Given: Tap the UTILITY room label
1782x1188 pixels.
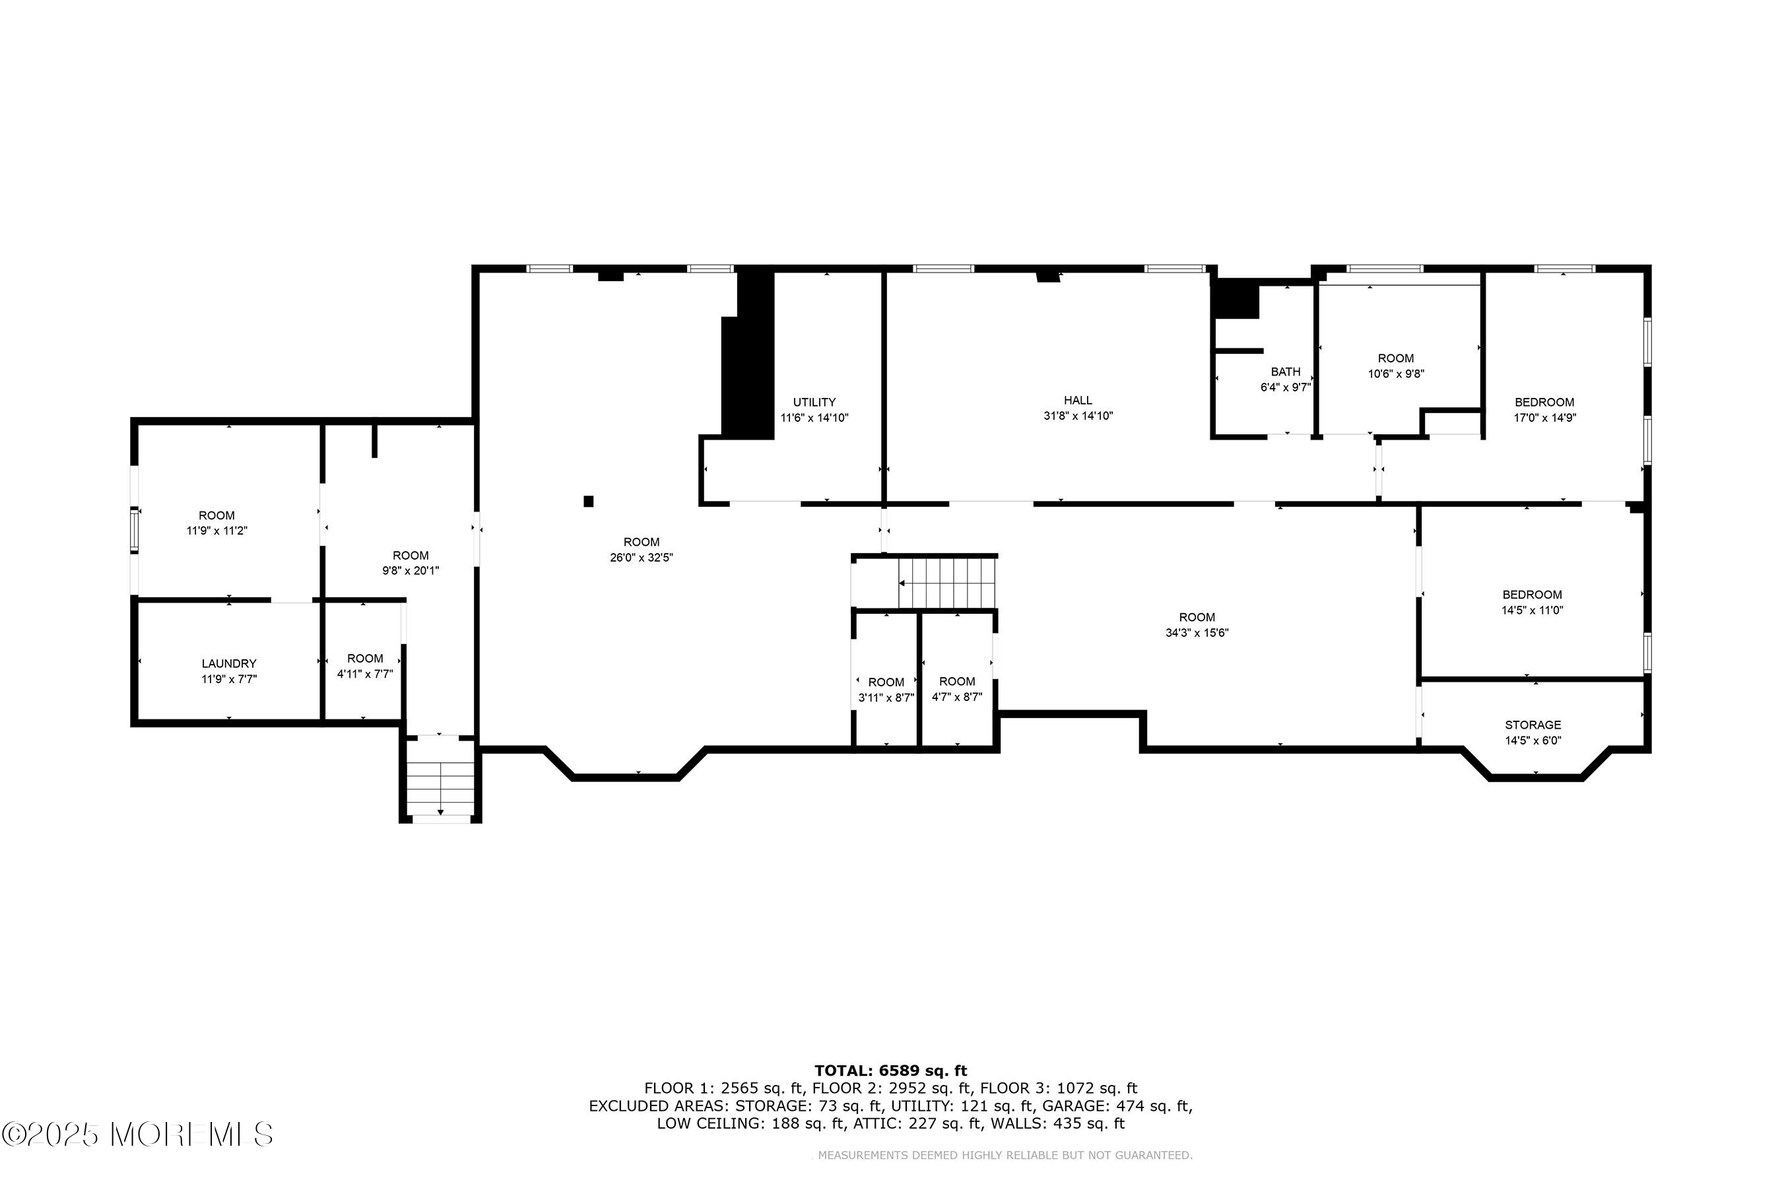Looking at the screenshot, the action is (814, 403).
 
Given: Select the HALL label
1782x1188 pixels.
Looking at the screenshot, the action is (1078, 400).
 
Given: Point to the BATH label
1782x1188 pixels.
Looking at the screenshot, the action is (1286, 371).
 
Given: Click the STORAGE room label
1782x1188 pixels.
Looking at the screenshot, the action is (1533, 725).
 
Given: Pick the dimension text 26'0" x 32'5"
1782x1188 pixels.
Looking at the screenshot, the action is (642, 558).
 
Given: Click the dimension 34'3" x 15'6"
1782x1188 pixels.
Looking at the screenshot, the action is (1197, 633).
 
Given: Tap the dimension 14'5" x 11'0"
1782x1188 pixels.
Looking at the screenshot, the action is (1533, 610).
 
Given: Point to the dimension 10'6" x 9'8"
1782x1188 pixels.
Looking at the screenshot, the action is (1397, 374).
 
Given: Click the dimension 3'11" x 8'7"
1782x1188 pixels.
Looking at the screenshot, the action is (886, 698).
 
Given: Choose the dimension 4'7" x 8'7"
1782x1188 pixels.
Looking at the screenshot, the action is (957, 697).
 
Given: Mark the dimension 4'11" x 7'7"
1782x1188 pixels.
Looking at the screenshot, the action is (365, 674).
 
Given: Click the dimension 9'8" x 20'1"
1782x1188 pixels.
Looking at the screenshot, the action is (411, 570).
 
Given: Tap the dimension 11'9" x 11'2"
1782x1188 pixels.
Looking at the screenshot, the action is (216, 531).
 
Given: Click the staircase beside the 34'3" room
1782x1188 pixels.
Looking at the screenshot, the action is (946, 583).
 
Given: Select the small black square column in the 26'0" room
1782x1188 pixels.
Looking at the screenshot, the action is (589, 501).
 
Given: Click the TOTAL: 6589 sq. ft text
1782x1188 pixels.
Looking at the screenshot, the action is (891, 1071).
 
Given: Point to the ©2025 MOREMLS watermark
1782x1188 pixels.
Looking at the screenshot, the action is (137, 1134).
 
